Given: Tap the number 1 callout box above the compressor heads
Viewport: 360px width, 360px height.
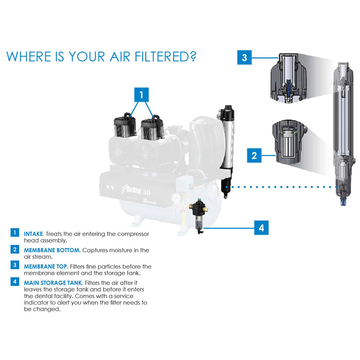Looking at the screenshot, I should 141,95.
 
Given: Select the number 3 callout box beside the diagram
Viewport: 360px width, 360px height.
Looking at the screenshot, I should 244,58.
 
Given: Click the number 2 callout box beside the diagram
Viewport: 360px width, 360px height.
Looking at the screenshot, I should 254,156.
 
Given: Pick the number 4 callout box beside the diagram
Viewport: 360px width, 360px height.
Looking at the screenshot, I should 262,228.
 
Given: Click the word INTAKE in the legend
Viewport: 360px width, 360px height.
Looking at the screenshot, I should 33,234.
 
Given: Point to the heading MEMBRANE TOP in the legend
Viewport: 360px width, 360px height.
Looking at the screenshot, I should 46,267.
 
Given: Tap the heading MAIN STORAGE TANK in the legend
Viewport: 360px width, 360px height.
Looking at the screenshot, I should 54,283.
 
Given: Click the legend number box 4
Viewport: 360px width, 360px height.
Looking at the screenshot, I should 15,282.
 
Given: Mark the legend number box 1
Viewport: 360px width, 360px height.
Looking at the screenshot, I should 15,233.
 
